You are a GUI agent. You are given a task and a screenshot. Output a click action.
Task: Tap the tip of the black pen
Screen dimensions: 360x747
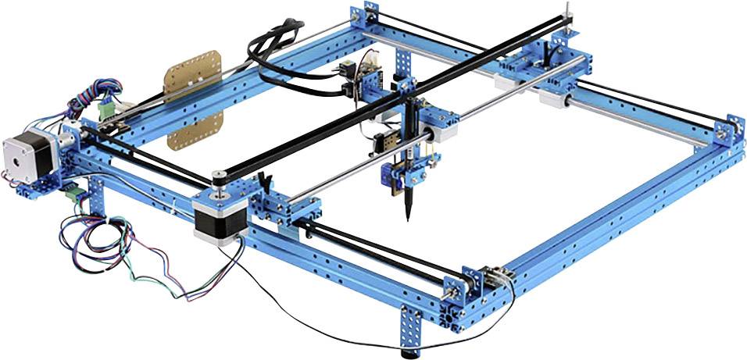(x=408, y=219)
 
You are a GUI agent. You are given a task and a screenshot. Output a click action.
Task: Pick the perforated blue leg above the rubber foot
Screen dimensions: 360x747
(x=412, y=328)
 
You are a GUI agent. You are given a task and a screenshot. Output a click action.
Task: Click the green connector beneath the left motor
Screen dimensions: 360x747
(x=74, y=191)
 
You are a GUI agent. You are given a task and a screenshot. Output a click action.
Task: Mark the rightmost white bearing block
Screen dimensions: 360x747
(x=556, y=98)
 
